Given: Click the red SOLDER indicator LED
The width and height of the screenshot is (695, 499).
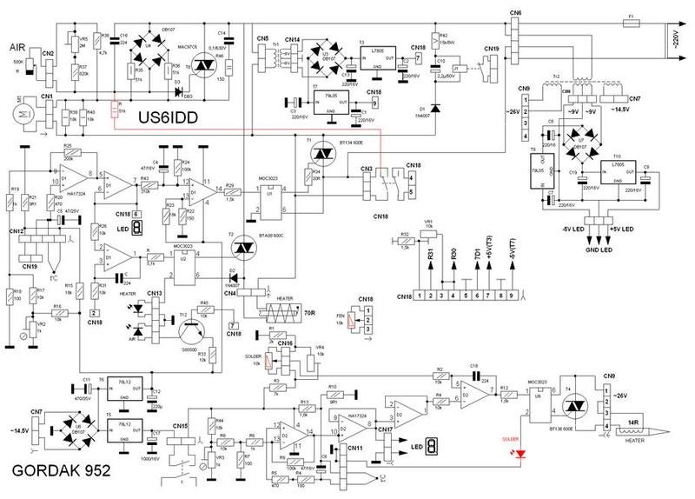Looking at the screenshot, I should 520,453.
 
